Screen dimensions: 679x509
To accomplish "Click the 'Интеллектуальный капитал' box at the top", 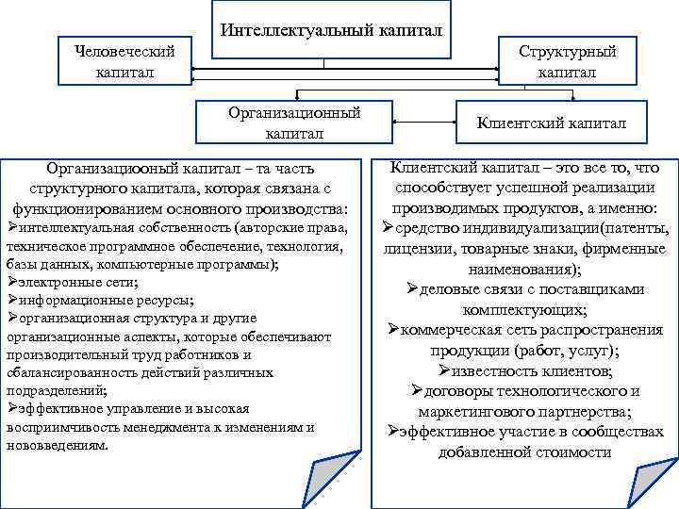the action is [331, 31].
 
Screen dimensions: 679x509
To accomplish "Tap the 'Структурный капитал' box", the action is [567, 61].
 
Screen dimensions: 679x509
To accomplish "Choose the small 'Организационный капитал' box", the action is [294, 123].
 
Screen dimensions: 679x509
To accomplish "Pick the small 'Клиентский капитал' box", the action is [551, 123].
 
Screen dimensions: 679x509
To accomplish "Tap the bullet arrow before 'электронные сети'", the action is [11, 282].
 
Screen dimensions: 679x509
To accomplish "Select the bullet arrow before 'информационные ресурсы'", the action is [11, 300].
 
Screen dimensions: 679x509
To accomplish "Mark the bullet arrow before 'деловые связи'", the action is [415, 289].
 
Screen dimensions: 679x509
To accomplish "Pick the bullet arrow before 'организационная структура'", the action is [11, 318].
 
